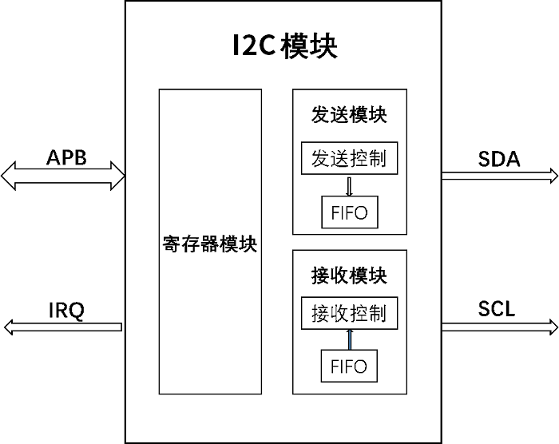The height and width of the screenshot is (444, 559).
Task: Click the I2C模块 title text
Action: (x=284, y=46)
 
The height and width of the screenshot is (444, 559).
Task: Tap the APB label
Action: (x=65, y=157)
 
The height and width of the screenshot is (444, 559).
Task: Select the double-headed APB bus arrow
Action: (x=63, y=173)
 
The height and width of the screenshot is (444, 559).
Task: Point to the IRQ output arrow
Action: (x=63, y=326)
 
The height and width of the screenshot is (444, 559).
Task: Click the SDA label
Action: (x=499, y=158)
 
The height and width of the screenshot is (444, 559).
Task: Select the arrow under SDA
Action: (x=499, y=175)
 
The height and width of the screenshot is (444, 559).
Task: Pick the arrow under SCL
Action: (x=499, y=326)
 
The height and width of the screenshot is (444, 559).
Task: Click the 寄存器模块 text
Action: (x=210, y=244)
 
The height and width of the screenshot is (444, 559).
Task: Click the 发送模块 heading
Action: (x=349, y=115)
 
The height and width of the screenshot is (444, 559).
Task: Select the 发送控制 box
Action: (x=349, y=158)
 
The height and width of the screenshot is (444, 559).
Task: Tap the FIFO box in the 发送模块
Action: (x=349, y=212)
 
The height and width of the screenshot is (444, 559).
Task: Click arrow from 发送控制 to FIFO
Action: (x=349, y=185)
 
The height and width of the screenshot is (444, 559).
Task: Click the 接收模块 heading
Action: (x=349, y=276)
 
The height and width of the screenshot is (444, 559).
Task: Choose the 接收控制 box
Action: (x=349, y=312)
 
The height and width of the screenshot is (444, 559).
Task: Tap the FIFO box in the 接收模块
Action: (x=349, y=366)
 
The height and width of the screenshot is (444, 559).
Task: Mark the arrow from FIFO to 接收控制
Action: (x=349, y=339)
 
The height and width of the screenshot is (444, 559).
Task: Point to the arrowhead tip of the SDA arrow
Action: (x=556, y=175)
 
